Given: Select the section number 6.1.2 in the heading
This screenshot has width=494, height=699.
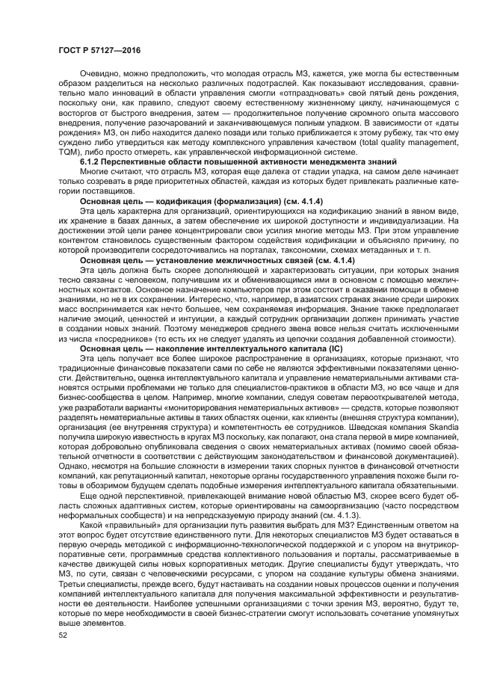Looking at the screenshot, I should [91, 162].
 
